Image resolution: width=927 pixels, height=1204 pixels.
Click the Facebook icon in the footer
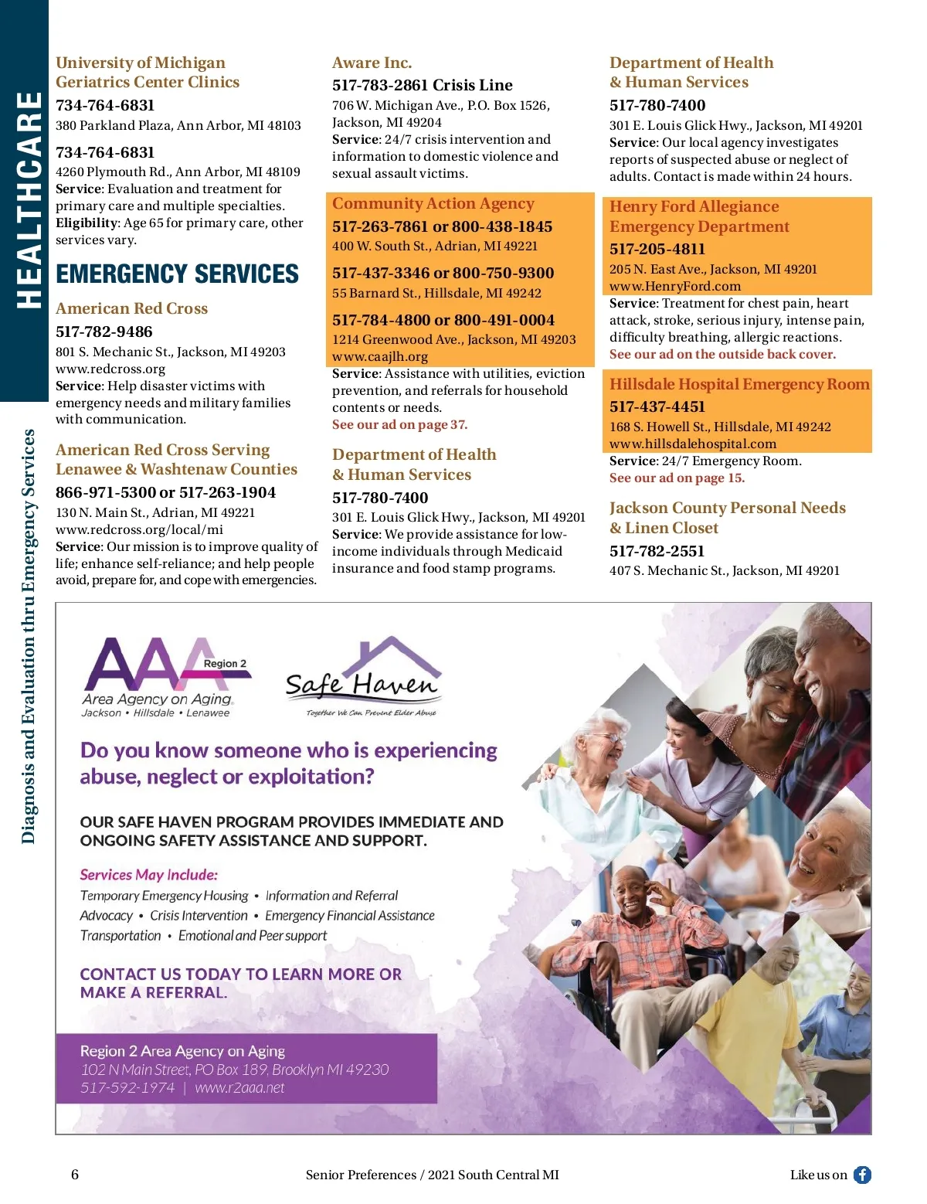pos(862,1175)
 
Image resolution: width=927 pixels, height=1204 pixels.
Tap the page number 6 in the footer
pos(75,1175)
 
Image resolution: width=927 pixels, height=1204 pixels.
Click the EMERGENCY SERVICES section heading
pos(177,274)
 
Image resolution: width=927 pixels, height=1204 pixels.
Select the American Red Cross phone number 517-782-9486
pos(104,332)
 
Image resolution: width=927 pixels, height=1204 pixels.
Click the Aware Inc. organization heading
pos(372,63)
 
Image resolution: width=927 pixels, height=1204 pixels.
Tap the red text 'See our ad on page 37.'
pos(399,424)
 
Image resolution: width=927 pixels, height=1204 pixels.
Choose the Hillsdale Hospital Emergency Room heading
pos(739,384)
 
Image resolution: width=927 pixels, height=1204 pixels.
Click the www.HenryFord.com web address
pos(674,286)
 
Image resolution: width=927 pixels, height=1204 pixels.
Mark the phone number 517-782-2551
pos(657,551)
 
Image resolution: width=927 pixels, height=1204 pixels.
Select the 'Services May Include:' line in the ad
pos(148,875)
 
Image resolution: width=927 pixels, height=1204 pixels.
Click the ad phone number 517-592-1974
pos(127,1087)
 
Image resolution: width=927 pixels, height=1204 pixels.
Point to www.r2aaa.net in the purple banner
pos(239,1087)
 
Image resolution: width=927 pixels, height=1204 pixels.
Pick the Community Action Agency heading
pos(433,203)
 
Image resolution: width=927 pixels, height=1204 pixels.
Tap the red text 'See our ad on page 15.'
pos(677,478)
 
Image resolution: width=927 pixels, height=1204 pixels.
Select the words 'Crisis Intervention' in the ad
pos(199,915)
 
